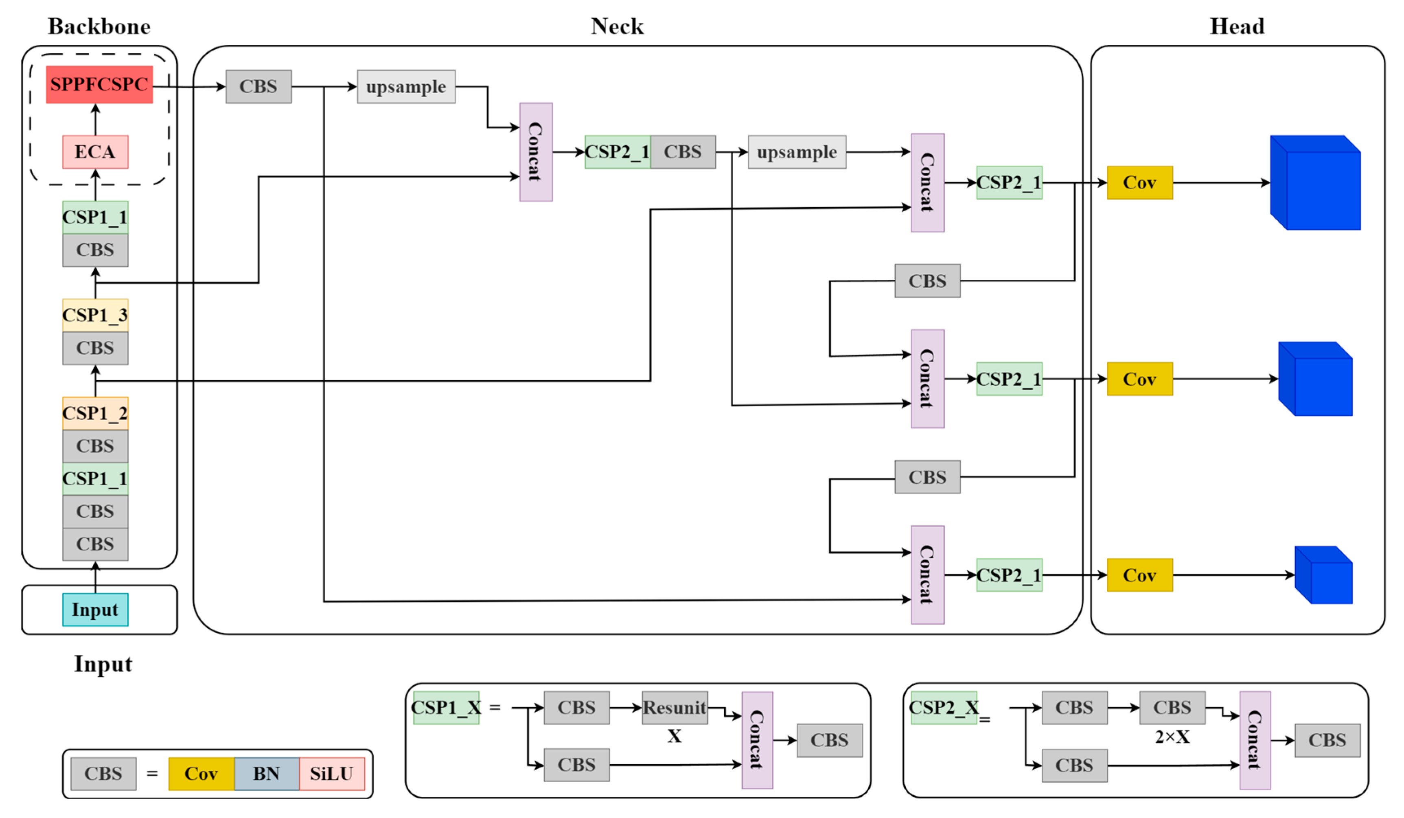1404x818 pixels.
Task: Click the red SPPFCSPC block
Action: [x=99, y=84]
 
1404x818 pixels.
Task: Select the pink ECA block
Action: [x=95, y=151]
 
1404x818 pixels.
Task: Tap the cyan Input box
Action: [x=95, y=610]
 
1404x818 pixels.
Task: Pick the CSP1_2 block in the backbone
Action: [x=95, y=413]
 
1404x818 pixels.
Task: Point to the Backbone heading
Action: [x=99, y=26]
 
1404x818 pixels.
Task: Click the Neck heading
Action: [x=617, y=26]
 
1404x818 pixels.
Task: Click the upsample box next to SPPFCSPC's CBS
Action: [x=406, y=86]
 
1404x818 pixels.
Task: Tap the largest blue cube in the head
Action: [x=1316, y=183]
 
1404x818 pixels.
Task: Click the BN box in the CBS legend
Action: [x=266, y=774]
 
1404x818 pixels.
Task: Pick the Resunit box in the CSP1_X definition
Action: [x=675, y=708]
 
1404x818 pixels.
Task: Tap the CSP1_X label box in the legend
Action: [x=446, y=708]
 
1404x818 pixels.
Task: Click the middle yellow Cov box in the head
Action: [x=1139, y=379]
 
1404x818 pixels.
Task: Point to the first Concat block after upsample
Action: [x=536, y=151]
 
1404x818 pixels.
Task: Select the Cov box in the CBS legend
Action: [x=201, y=774]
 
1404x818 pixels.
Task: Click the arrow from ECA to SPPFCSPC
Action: [x=95, y=119]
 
